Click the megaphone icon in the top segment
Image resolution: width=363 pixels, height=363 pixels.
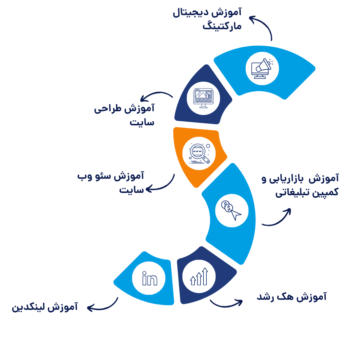click(x=262, y=69)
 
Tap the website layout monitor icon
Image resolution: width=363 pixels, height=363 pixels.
click(x=203, y=98)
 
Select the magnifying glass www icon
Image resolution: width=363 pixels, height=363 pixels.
click(x=199, y=154)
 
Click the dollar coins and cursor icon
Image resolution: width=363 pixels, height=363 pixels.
click(x=231, y=210)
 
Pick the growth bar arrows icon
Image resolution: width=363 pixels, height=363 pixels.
click(x=199, y=276)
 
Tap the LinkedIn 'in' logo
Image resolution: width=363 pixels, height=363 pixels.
click(x=150, y=278)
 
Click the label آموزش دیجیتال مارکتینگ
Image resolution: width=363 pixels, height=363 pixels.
click(x=207, y=19)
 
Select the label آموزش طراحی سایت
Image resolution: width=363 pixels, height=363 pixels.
click(x=124, y=115)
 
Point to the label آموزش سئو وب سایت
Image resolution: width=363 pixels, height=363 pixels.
click(x=111, y=183)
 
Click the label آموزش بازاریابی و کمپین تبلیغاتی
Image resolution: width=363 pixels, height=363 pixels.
click(x=300, y=186)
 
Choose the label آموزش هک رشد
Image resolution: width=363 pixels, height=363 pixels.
click(x=292, y=296)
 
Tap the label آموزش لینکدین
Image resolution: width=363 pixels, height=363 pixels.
click(x=45, y=307)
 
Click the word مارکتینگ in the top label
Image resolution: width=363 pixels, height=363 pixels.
click(x=222, y=26)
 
